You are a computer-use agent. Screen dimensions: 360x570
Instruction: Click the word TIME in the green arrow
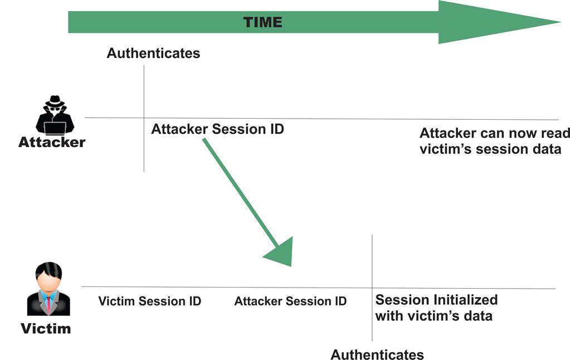pyautogui.click(x=263, y=22)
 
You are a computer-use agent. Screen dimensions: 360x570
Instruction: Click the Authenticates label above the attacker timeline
pyautogui.click(x=153, y=53)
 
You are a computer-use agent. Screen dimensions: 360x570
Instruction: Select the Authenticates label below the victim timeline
pyautogui.click(x=377, y=354)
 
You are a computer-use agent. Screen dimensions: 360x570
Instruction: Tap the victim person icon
pyautogui.click(x=48, y=290)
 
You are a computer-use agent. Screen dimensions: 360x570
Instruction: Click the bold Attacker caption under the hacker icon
pyautogui.click(x=52, y=142)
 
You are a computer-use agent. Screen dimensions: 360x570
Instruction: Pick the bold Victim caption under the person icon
pyautogui.click(x=46, y=328)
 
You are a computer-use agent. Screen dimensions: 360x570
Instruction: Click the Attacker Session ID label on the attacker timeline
pyautogui.click(x=217, y=129)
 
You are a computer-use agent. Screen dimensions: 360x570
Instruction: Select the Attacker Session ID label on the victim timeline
pyautogui.click(x=290, y=301)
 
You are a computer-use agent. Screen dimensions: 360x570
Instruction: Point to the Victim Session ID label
pyautogui.click(x=149, y=301)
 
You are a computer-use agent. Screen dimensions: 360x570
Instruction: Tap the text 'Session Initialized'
pyautogui.click(x=436, y=300)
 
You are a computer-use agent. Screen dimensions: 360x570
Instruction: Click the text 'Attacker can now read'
pyautogui.click(x=494, y=134)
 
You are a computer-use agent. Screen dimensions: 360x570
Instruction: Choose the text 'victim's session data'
pyautogui.click(x=490, y=149)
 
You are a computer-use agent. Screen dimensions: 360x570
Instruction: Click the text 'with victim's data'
pyautogui.click(x=433, y=316)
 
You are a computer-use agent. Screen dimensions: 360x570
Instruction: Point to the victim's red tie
pyautogui.click(x=49, y=304)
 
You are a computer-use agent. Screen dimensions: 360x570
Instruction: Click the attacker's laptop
pyautogui.click(x=55, y=127)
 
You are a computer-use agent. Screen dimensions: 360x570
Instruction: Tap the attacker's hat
pyautogui.click(x=55, y=101)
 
